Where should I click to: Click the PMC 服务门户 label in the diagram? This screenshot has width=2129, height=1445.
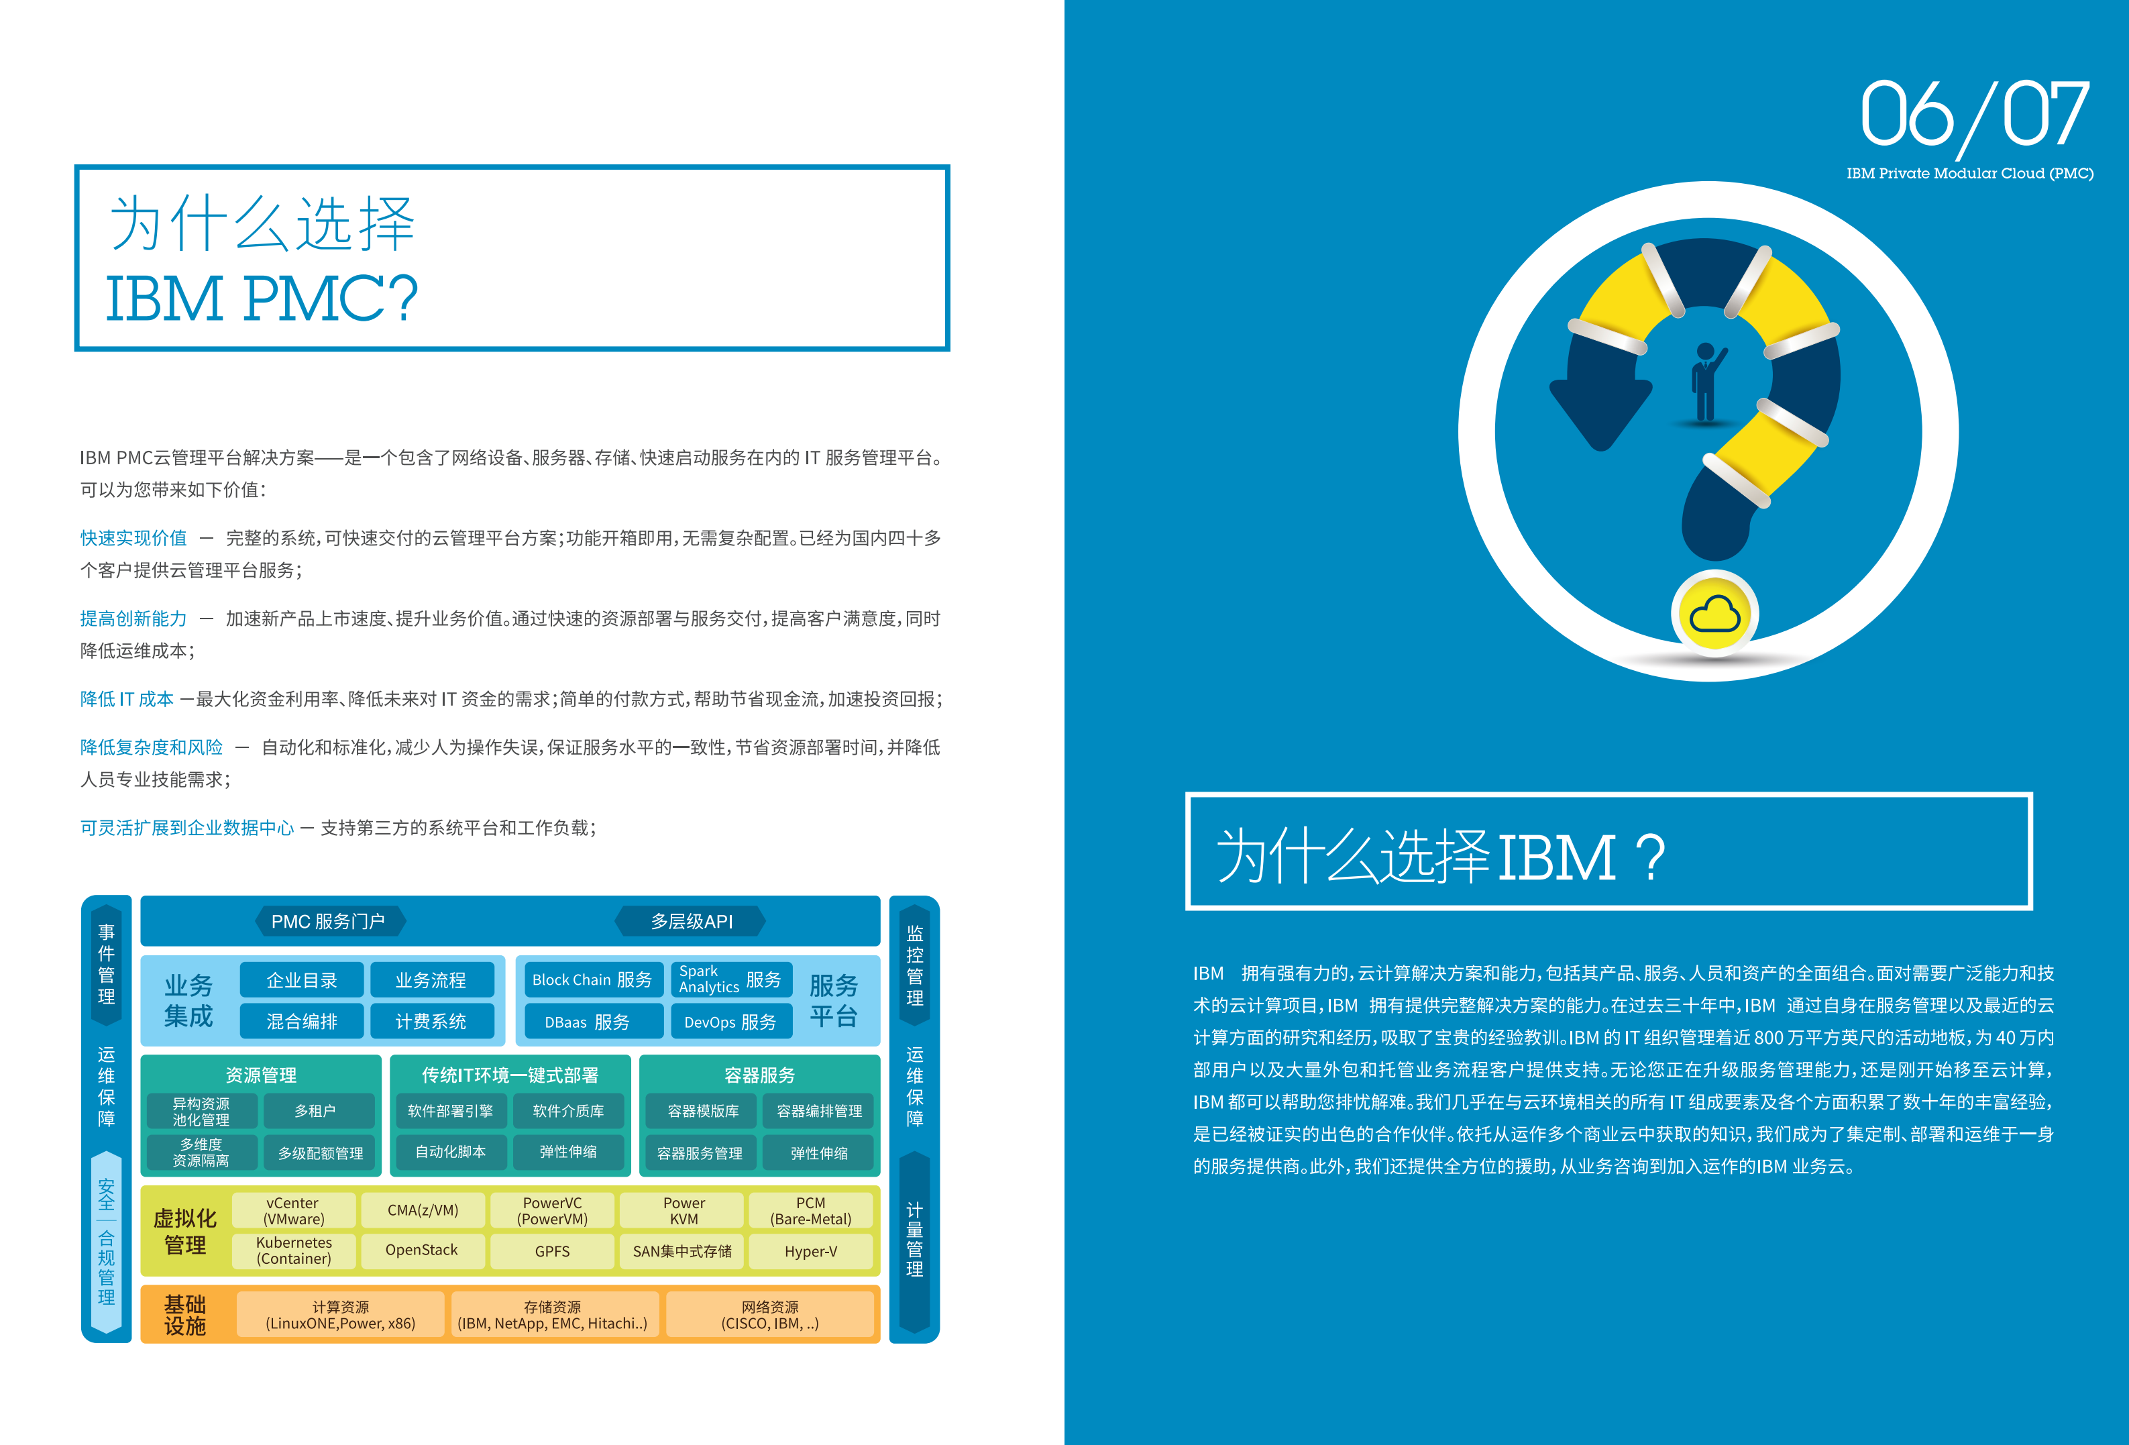tap(328, 921)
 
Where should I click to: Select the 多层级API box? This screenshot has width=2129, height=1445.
tap(692, 921)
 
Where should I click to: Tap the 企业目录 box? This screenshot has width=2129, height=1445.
tap(301, 979)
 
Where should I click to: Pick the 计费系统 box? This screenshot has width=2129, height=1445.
tap(431, 1021)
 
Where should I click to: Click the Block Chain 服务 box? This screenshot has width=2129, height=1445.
tap(591, 979)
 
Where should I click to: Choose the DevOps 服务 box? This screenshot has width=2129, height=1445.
tap(730, 1022)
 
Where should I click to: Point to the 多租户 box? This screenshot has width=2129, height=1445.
tap(315, 1110)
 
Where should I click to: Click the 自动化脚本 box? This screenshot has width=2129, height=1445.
tap(450, 1152)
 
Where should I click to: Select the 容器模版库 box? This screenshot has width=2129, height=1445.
tap(703, 1110)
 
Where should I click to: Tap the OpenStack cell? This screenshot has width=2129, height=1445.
tap(421, 1250)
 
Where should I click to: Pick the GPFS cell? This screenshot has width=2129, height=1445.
tap(553, 1250)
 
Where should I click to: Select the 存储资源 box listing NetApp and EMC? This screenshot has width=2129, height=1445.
tap(553, 1315)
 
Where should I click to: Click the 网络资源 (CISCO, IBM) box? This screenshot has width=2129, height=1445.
tap(769, 1315)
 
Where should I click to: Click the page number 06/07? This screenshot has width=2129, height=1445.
tap(1974, 115)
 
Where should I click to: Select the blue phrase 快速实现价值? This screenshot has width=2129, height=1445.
tap(133, 538)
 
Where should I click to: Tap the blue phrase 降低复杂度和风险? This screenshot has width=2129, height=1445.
tap(151, 747)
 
